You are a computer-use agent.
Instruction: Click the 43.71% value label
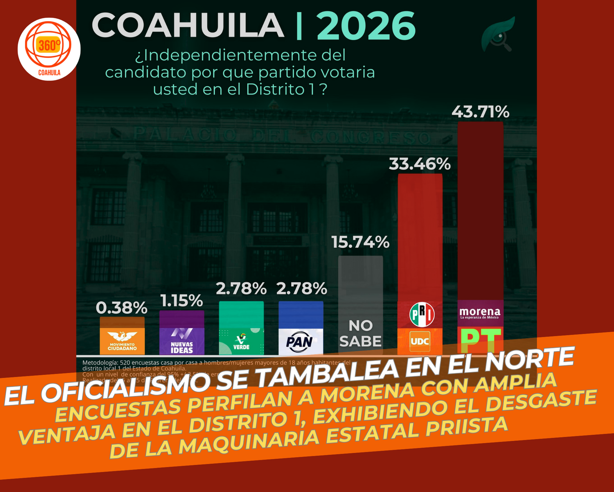(480, 112)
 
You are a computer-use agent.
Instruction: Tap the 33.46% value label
(419, 164)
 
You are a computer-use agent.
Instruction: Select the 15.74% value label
(360, 242)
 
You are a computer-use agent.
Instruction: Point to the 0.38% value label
(121, 308)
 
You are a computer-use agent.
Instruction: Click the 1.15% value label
(182, 301)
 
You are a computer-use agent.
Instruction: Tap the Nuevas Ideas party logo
(182, 341)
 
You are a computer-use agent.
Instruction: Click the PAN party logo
(300, 341)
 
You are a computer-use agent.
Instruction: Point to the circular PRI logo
(422, 314)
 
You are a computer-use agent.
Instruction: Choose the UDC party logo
(420, 341)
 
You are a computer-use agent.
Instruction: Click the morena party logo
(480, 313)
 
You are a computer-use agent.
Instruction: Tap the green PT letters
(480, 340)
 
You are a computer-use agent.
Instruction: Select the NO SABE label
(360, 333)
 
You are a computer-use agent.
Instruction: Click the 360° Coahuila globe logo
(49, 49)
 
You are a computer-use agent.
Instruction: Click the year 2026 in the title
(366, 26)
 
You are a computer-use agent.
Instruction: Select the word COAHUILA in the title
(188, 25)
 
